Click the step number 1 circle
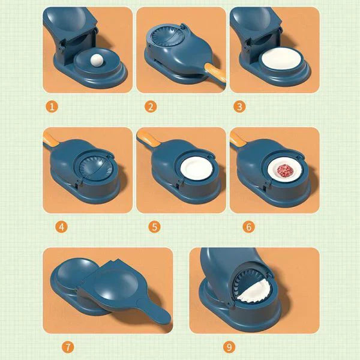pyautogui.click(x=52, y=107)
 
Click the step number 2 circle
pyautogui.click(x=151, y=107)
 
